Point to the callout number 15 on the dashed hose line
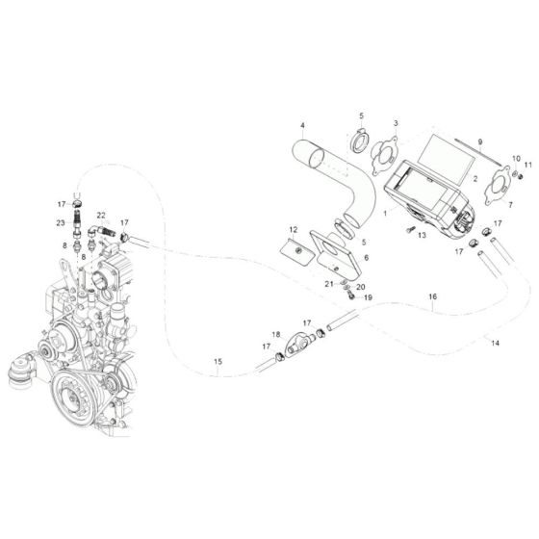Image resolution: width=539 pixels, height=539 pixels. (218, 362)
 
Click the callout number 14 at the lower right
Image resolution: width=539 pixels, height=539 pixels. (496, 342)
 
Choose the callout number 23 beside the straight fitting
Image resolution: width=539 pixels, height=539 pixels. (60, 223)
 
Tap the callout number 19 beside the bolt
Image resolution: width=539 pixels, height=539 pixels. (366, 296)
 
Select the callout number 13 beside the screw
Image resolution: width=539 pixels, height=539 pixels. (422, 235)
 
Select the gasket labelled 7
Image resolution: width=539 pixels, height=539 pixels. (474, 183)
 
